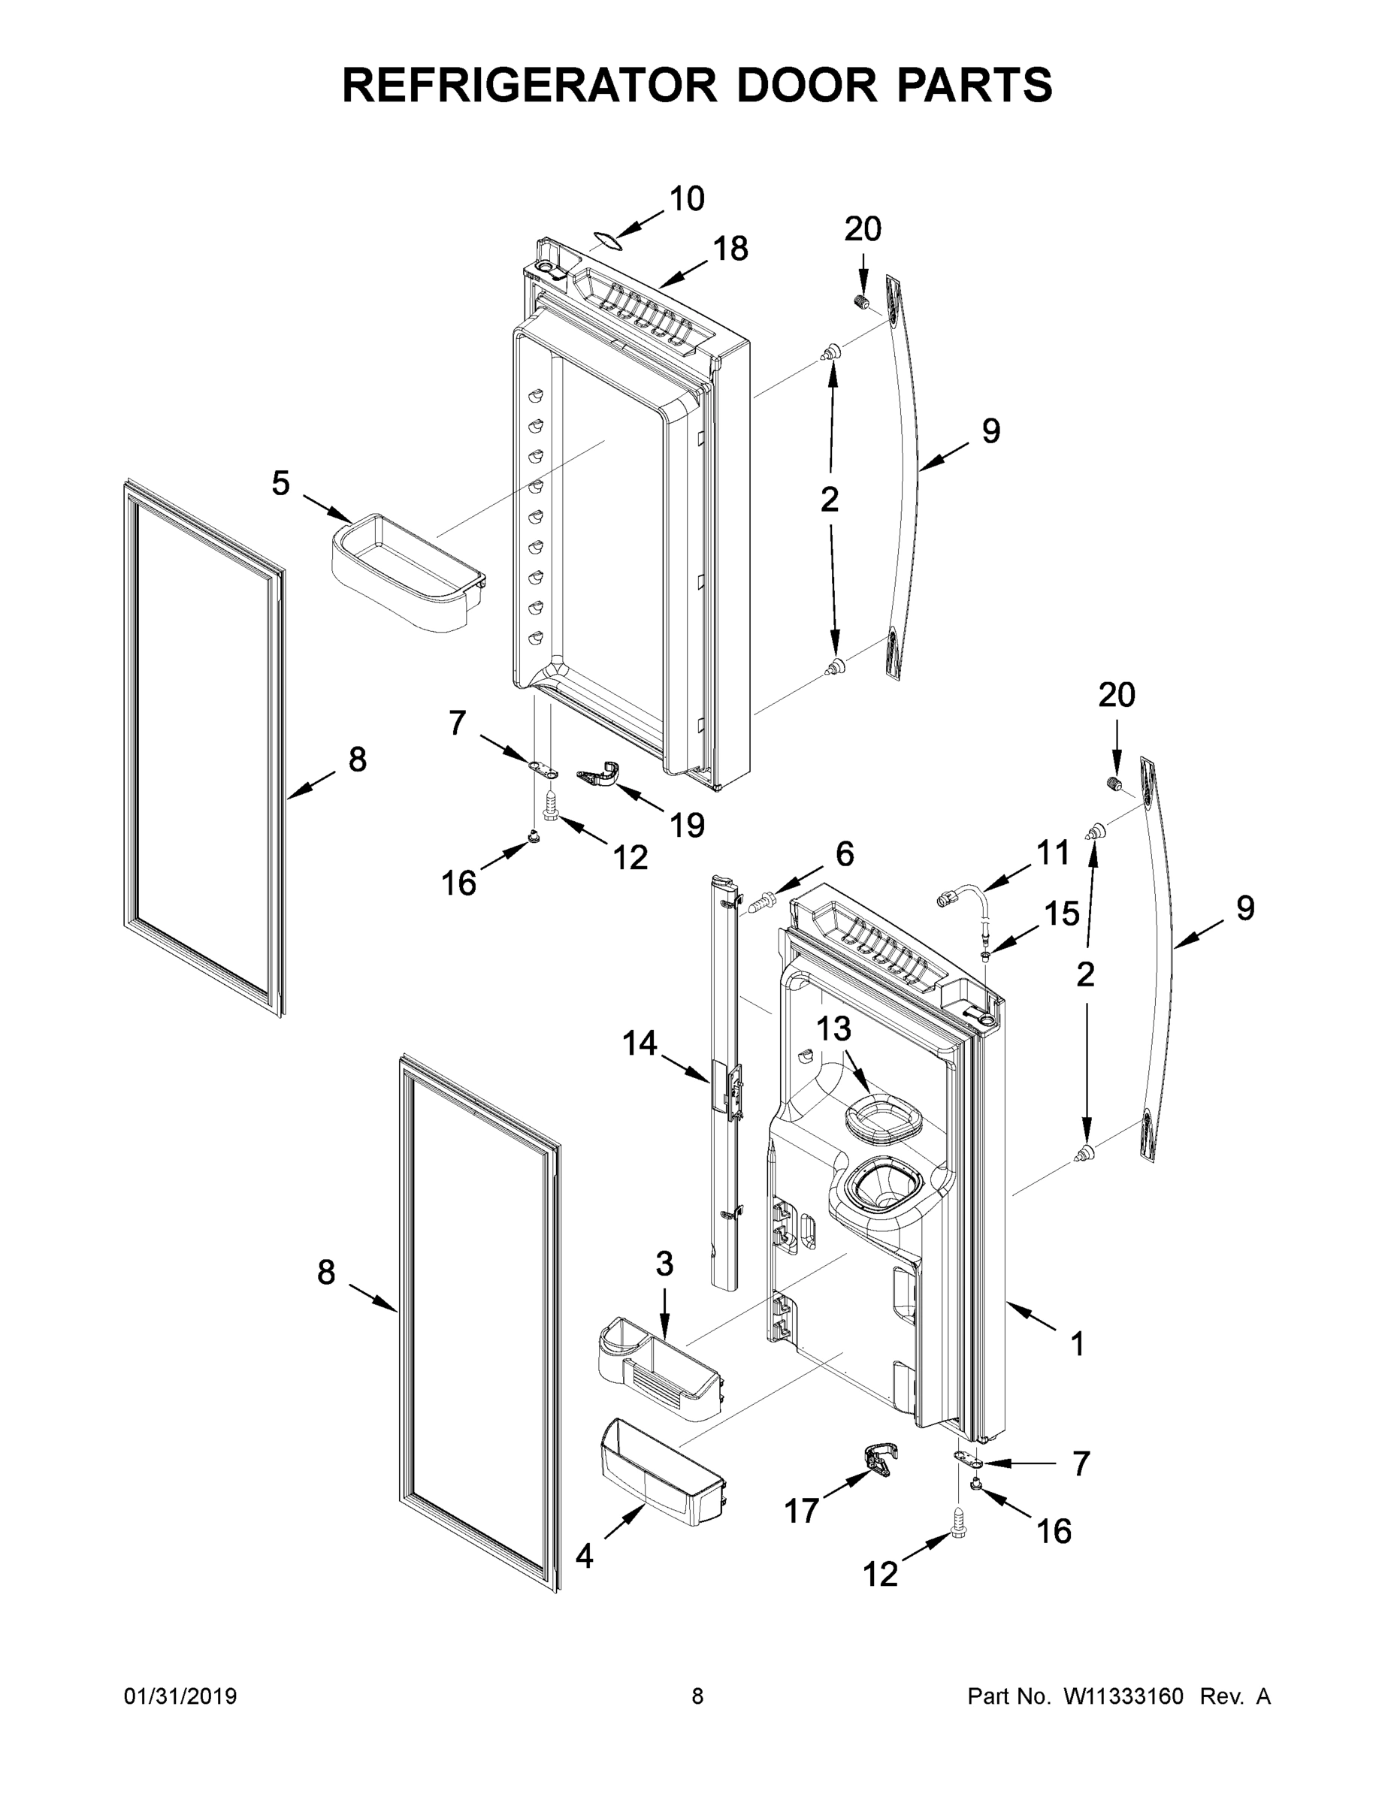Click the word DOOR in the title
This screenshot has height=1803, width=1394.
(807, 85)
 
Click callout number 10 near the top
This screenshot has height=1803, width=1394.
(686, 199)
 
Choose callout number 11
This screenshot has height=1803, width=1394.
(1052, 853)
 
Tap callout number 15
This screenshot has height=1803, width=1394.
(1061, 913)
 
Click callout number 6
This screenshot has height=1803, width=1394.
(844, 854)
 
